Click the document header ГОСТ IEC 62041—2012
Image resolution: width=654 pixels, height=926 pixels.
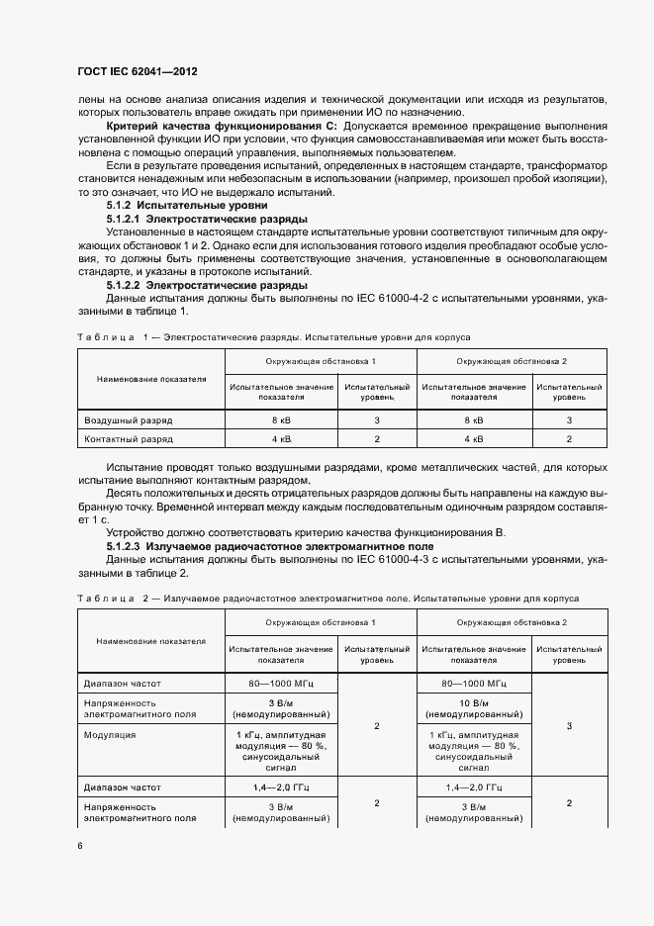138,73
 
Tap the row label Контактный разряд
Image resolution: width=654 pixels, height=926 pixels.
129,438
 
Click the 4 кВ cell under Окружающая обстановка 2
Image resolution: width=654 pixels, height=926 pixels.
474,438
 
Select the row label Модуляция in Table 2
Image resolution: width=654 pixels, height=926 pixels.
110,735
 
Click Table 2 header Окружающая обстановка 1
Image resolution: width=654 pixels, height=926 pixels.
320,621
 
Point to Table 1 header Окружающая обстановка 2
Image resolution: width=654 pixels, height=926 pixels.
513,361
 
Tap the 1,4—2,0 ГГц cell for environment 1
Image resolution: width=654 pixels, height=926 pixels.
281,787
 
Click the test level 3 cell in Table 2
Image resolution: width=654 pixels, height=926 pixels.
569,726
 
